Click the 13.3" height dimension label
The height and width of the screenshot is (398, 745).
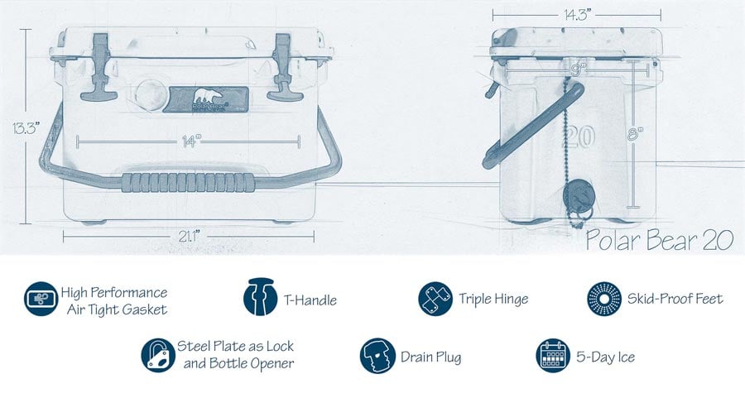(26, 127)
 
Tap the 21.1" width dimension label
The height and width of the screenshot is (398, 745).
(189, 236)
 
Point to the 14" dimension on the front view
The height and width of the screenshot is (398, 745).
(191, 141)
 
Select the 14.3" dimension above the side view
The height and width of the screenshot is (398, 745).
(577, 15)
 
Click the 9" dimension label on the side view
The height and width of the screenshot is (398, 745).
(578, 70)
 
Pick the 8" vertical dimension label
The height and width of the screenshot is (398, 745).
(635, 134)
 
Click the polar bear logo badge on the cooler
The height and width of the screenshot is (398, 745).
(206, 99)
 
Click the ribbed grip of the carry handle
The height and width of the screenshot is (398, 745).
(188, 182)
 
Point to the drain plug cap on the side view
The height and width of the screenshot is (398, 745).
(579, 196)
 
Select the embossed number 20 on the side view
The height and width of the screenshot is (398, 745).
(580, 137)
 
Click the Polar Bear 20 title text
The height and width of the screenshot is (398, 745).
(660, 240)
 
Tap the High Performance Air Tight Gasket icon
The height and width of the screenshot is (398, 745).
(41, 299)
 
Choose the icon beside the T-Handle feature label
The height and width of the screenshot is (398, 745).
(261, 297)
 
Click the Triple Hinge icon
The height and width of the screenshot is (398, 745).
(435, 299)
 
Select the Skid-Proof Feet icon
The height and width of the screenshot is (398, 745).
(604, 299)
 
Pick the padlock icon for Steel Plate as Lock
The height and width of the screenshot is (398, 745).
(158, 355)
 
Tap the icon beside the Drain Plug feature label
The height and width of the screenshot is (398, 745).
(377, 356)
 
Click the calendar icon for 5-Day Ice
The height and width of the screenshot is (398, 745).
(553, 356)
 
